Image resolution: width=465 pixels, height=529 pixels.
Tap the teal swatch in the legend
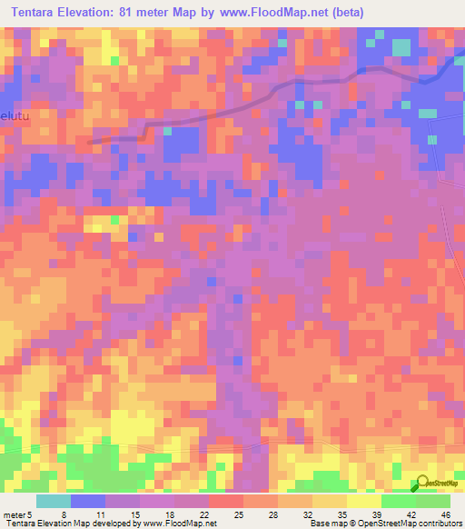53,501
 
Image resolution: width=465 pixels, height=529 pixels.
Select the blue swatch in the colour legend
87,501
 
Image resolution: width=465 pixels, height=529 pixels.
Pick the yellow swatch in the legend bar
363,501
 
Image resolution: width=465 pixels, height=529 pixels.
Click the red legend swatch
225,501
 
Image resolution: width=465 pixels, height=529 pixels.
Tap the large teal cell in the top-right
401,46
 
